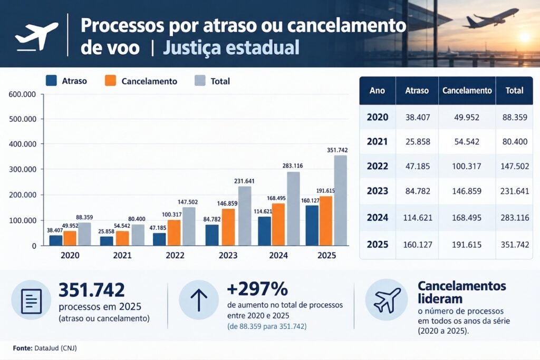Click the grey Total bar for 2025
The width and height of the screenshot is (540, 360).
(x=340, y=200)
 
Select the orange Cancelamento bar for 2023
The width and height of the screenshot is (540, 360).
(x=228, y=227)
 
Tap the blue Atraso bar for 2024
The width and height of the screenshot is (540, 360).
(x=265, y=231)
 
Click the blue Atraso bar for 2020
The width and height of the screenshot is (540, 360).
(x=56, y=240)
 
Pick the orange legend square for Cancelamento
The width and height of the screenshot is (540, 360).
(x=110, y=81)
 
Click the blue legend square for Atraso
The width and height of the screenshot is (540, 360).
(x=51, y=81)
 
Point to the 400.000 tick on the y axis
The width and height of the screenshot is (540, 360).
(x=22, y=144)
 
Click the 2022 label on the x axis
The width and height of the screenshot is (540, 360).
(x=175, y=255)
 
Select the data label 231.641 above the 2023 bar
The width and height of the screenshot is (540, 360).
(x=244, y=181)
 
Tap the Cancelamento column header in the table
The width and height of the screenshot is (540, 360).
(x=467, y=91)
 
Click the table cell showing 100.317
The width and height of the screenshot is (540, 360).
(x=467, y=166)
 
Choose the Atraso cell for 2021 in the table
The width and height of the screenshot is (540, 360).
(x=418, y=142)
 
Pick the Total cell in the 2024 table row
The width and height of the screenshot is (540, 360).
(x=515, y=218)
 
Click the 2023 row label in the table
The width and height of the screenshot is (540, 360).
(x=378, y=191)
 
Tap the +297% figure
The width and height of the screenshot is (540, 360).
(x=257, y=289)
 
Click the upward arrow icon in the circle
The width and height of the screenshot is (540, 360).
(x=199, y=300)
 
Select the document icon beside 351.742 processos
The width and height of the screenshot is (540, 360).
(x=31, y=301)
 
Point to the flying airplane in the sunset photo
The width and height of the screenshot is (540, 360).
(x=491, y=18)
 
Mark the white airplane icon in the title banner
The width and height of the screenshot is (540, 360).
(x=36, y=36)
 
